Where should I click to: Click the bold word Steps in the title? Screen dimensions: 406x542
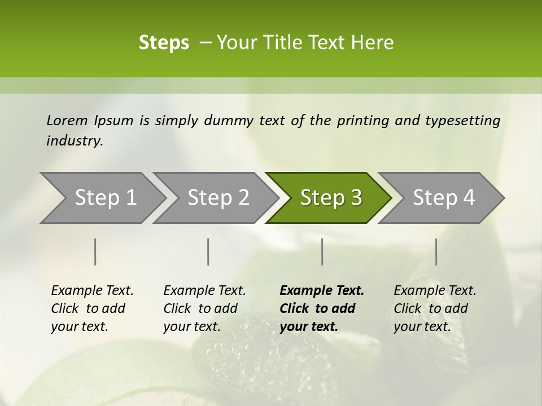164,43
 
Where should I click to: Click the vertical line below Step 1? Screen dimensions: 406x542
95,251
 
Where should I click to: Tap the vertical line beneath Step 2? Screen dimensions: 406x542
208,251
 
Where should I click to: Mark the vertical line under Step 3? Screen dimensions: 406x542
322,251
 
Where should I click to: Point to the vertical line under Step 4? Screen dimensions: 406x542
436,251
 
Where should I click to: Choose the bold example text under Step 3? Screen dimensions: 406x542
321,308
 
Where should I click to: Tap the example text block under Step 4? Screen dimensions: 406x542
435,308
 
